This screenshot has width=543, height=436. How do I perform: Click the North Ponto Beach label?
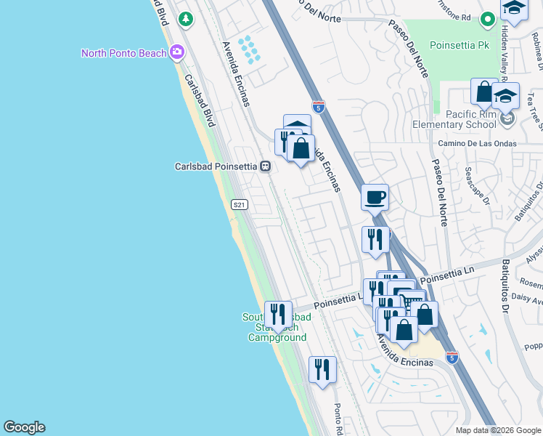coord(123,53)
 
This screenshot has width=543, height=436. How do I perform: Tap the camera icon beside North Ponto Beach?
coord(176,52)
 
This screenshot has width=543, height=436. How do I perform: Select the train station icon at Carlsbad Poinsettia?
coord(266,166)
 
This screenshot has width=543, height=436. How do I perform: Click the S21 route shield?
coord(240,205)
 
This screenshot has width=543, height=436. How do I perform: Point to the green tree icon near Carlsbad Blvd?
coord(187,18)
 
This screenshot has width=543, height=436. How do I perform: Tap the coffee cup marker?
coord(375,197)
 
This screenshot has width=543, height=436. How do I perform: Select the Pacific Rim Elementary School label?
coord(471,119)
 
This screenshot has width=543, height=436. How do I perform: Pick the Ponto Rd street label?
coord(338,419)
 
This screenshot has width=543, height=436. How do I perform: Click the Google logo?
coord(24,427)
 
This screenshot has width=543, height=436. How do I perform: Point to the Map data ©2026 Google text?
coord(497,430)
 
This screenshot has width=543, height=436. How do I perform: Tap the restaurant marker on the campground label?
coord(278,314)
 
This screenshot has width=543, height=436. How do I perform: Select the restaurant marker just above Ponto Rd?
coord(322,369)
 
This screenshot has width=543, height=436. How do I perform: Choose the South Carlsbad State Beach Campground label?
coord(277,328)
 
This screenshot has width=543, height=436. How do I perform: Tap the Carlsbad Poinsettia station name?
coord(216,166)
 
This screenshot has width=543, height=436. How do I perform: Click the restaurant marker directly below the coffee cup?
coord(375,239)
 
